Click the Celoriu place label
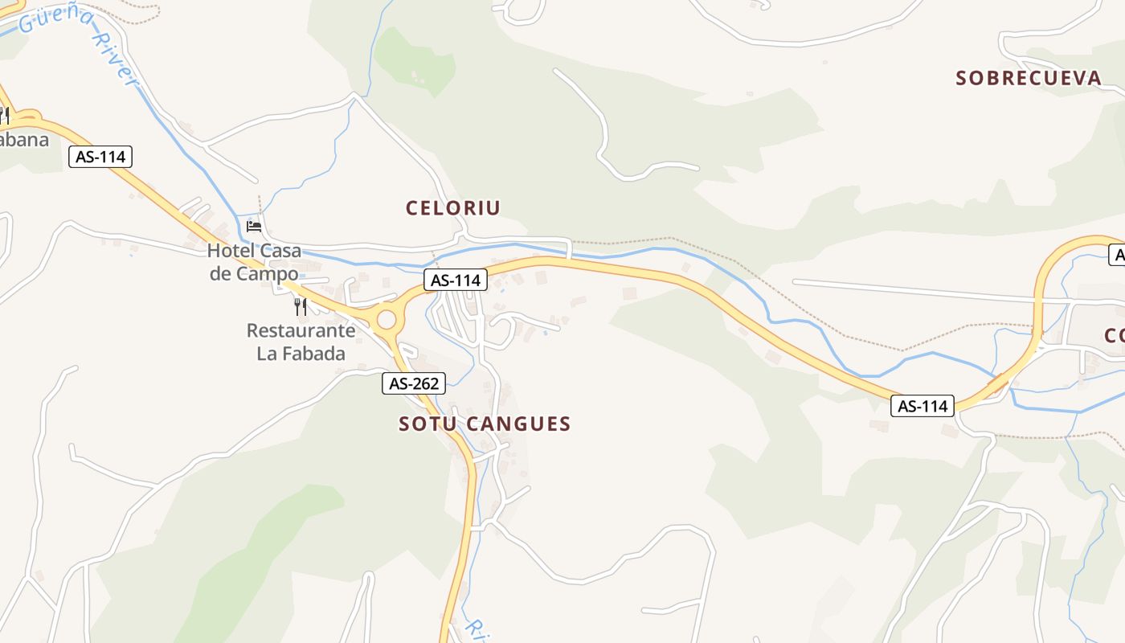453,208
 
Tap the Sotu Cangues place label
485,424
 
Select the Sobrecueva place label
1029,78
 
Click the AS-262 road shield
414,383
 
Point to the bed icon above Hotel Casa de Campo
254,226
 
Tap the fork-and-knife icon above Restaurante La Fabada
301,306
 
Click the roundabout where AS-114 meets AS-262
387,320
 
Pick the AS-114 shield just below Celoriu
456,280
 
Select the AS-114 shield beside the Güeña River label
100,157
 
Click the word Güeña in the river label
51,18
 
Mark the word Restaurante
301,330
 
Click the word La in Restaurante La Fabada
268,354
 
